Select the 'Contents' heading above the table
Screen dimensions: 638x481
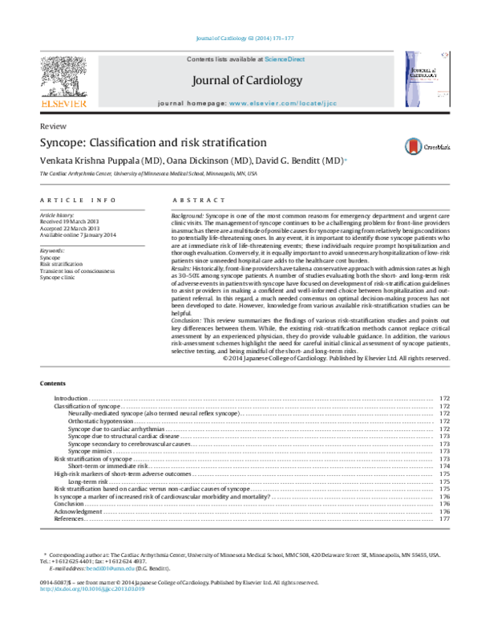53,384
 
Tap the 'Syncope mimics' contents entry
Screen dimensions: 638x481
91,451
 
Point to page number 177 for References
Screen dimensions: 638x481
445,519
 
